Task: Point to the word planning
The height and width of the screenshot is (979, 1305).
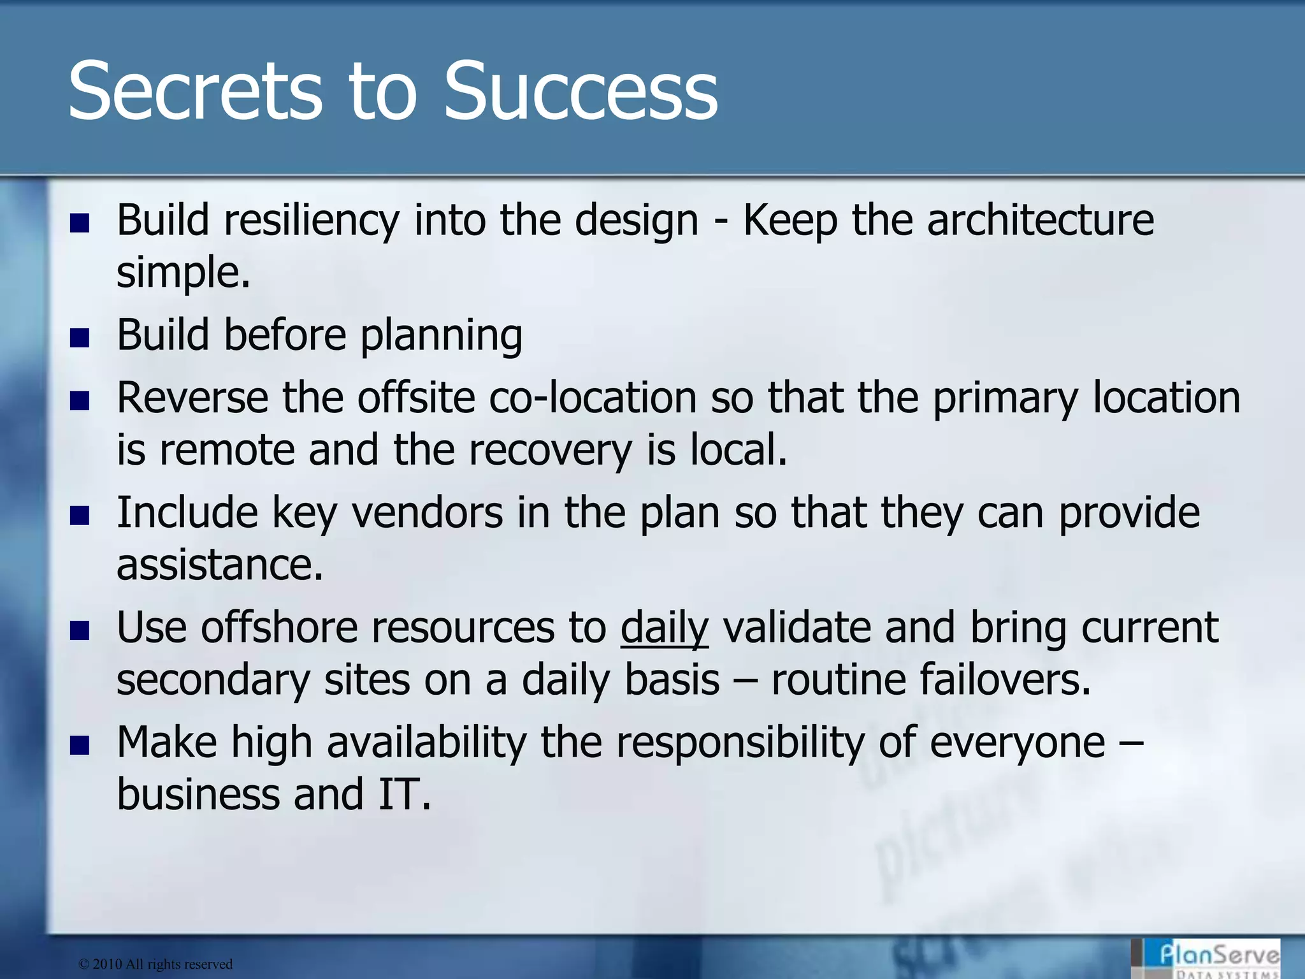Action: click(x=441, y=337)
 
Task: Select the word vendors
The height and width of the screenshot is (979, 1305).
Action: click(x=427, y=513)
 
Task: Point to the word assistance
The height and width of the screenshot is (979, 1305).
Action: click(x=219, y=565)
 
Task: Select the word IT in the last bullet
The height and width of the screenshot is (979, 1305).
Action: click(x=403, y=795)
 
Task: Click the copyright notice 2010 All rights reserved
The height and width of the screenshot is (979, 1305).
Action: click(x=155, y=964)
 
